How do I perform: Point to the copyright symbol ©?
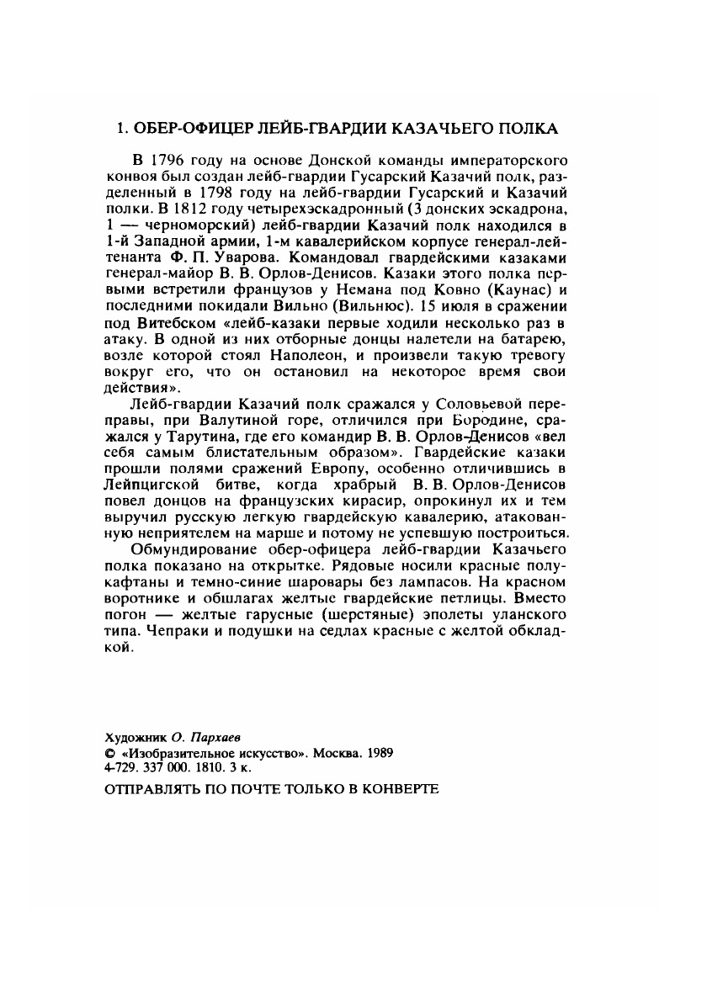point(108,750)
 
